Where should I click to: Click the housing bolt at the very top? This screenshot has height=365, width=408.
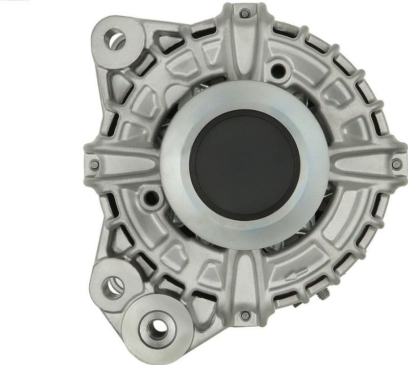tap(245, 13)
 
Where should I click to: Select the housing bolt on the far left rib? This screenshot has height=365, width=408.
tap(94, 165)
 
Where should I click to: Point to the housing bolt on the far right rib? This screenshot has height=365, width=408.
tap(396, 164)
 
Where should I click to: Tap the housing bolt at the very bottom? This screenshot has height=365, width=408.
tap(245, 316)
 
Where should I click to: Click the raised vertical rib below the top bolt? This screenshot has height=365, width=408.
tap(245, 51)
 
